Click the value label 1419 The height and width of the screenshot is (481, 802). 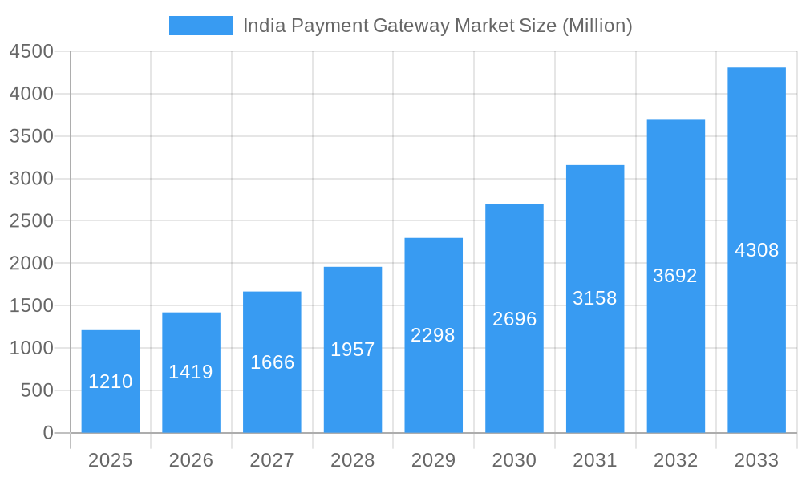191,372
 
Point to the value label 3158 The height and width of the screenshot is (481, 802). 595,298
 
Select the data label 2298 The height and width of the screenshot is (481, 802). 433,335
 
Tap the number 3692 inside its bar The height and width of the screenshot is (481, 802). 675,276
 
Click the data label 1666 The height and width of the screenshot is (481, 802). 272,362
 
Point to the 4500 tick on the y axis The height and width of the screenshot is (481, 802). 31,52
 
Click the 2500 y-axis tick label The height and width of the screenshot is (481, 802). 31,221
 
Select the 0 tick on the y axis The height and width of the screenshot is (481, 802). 47,433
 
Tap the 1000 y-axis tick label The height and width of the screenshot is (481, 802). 31,348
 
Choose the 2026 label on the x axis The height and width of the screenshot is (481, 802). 191,460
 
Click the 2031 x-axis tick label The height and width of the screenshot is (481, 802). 595,460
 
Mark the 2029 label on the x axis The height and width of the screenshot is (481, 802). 433,460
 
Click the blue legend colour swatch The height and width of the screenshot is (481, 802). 200,26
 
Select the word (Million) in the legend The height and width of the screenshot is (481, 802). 597,26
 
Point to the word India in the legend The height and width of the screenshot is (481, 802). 262,26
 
